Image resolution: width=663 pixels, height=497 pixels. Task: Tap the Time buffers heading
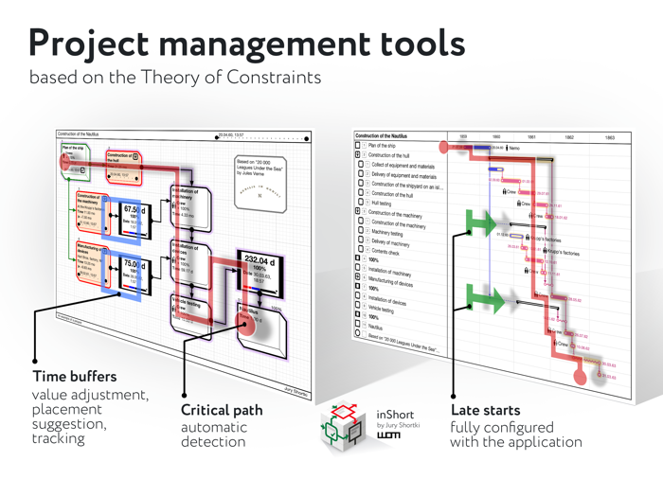pyautogui.click(x=75, y=377)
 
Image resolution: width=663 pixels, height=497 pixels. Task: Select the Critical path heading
pyautogui.click(x=222, y=410)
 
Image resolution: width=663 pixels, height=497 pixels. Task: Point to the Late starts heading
pyautogui.click(x=491, y=410)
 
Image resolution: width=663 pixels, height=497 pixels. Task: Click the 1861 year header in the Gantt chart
pyautogui.click(x=530, y=137)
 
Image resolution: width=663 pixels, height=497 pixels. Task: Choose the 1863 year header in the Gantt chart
pyautogui.click(x=610, y=137)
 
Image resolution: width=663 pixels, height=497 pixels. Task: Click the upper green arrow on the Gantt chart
pyautogui.click(x=483, y=224)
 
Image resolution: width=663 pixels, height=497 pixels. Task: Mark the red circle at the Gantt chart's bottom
pyautogui.click(x=581, y=378)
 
